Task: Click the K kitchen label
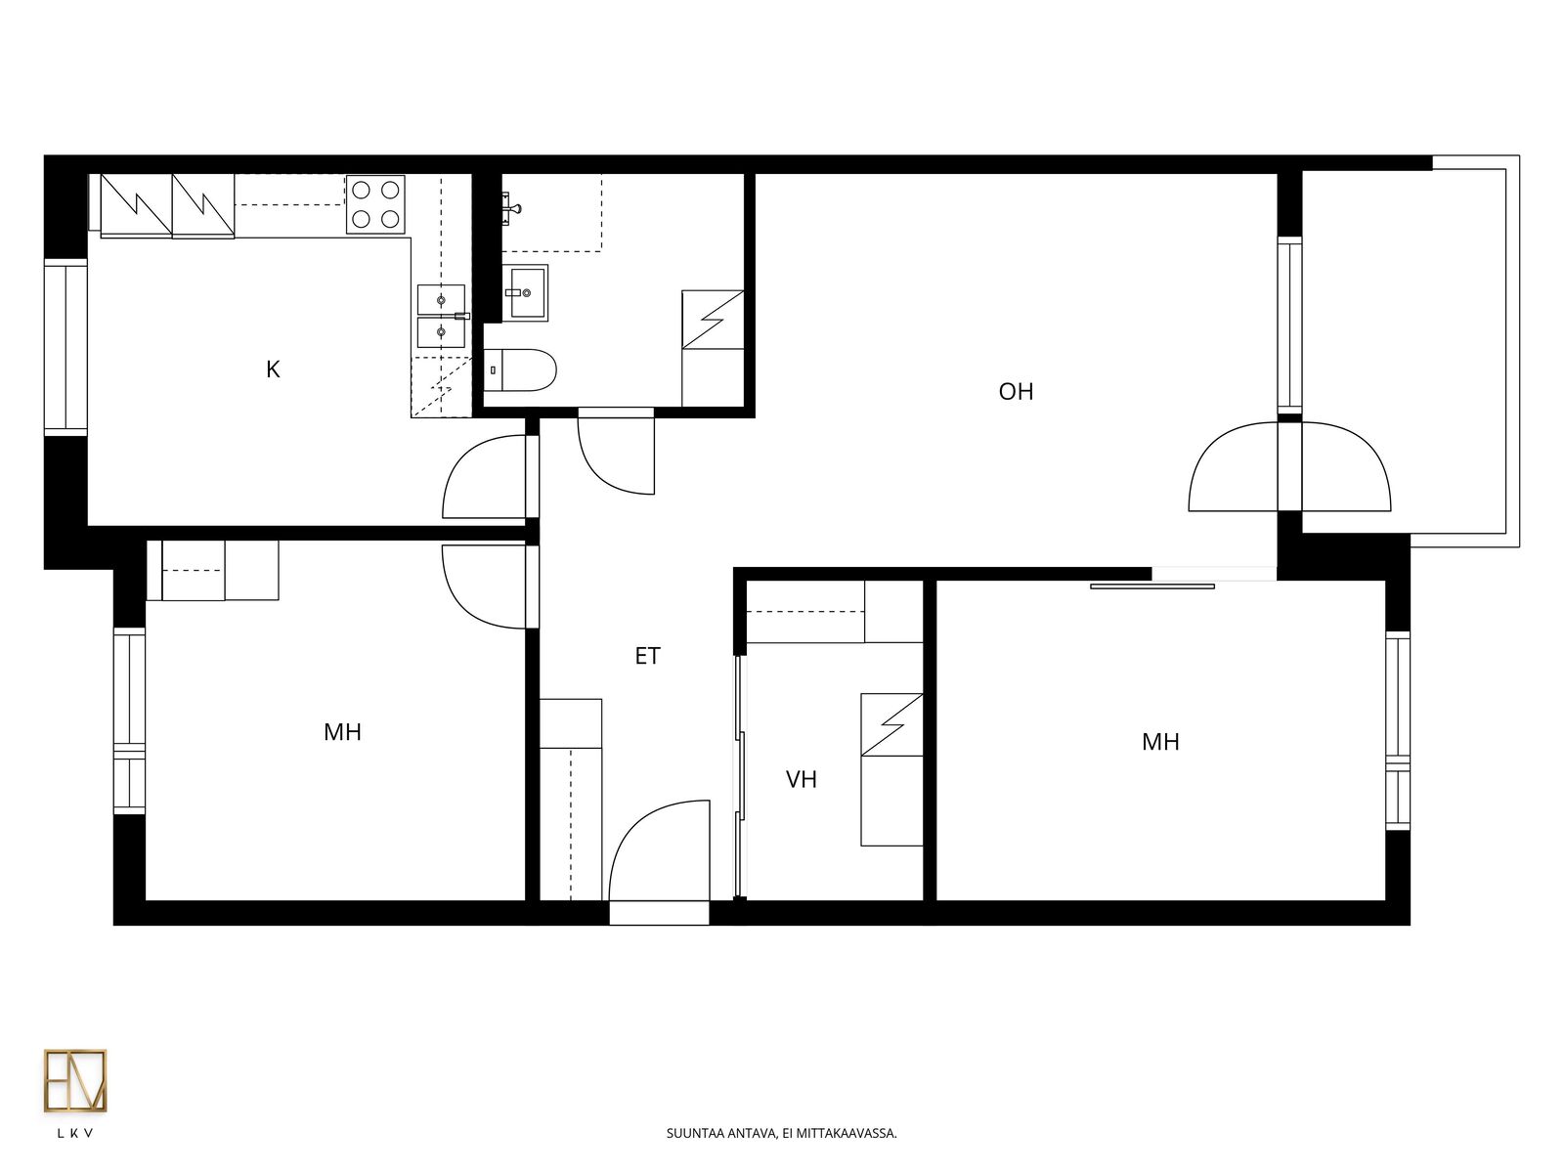point(273,369)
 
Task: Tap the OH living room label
point(1016,391)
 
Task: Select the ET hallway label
point(647,656)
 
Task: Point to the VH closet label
point(801,779)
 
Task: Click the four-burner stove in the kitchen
point(375,204)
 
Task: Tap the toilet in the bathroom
point(520,369)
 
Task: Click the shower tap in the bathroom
point(512,208)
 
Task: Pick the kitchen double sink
point(441,316)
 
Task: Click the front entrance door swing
point(659,850)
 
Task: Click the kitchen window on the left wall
point(65,347)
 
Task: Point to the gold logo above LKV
point(75,1080)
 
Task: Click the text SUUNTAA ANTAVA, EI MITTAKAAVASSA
point(782,1133)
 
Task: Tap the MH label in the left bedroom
point(342,732)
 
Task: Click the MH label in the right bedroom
point(1160,742)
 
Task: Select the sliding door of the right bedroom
point(1152,586)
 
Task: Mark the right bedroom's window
point(1398,731)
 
